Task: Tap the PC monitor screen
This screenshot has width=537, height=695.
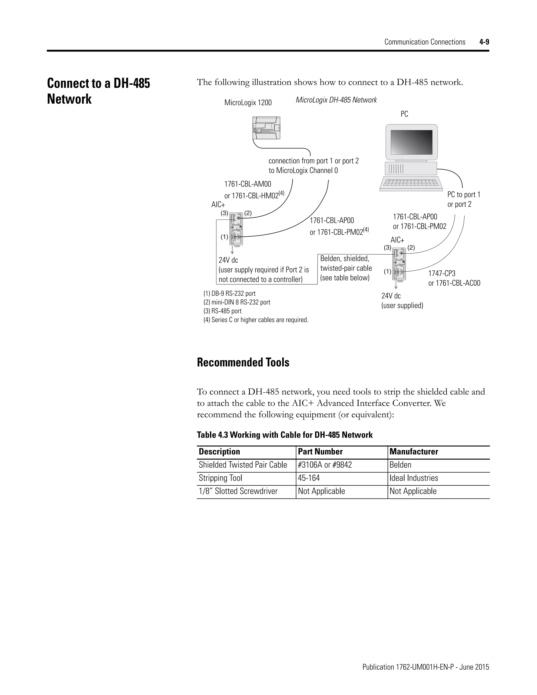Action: (411, 142)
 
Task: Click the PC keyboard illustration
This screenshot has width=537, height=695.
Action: (411, 184)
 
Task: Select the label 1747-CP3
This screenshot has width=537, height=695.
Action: (442, 273)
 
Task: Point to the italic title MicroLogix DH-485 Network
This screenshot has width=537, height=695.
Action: (336, 100)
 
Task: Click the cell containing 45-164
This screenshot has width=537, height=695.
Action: (309, 478)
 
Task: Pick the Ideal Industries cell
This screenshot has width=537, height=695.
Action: (413, 478)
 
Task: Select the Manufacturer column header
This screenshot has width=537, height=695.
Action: (414, 452)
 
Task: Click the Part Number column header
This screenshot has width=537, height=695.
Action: (320, 452)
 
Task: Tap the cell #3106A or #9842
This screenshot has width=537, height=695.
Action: (325, 465)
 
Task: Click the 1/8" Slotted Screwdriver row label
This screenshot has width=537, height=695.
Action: (238, 491)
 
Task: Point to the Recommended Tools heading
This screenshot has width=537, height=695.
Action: (243, 362)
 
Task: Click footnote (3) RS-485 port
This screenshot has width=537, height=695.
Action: (222, 311)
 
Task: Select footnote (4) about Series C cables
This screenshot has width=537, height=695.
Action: (256, 320)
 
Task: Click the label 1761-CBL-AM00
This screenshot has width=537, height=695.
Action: (248, 184)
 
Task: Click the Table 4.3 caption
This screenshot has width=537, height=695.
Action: (284, 435)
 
